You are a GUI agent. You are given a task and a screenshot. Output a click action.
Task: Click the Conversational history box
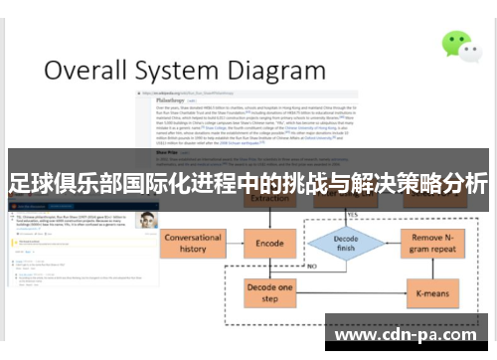click(192, 245)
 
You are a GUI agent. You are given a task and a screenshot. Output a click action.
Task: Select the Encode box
click(270, 244)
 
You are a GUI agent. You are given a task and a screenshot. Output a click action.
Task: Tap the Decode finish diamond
click(344, 244)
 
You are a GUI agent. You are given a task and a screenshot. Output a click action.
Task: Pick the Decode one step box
click(270, 294)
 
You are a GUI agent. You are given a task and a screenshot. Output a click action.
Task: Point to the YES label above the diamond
click(351, 215)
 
